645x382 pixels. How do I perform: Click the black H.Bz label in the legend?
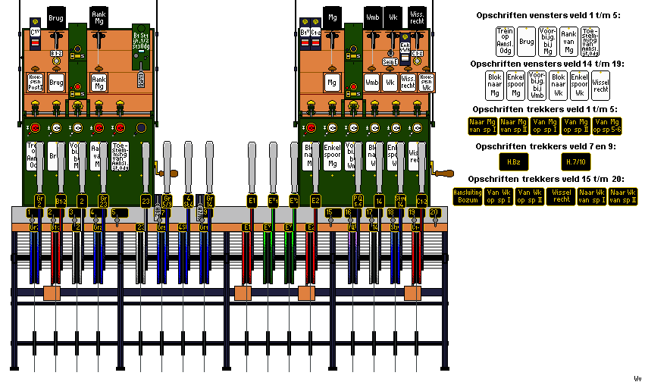(x=512, y=161)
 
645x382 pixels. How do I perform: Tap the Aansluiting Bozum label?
(x=467, y=196)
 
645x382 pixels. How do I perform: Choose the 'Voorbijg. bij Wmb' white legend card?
(x=537, y=86)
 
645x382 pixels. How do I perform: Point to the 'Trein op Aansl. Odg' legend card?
(x=505, y=41)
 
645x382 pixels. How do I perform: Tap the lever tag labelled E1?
(x=251, y=200)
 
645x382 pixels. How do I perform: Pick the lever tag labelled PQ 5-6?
(x=358, y=201)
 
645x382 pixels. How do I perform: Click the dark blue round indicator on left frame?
(x=141, y=127)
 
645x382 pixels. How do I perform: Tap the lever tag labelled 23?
(x=145, y=201)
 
